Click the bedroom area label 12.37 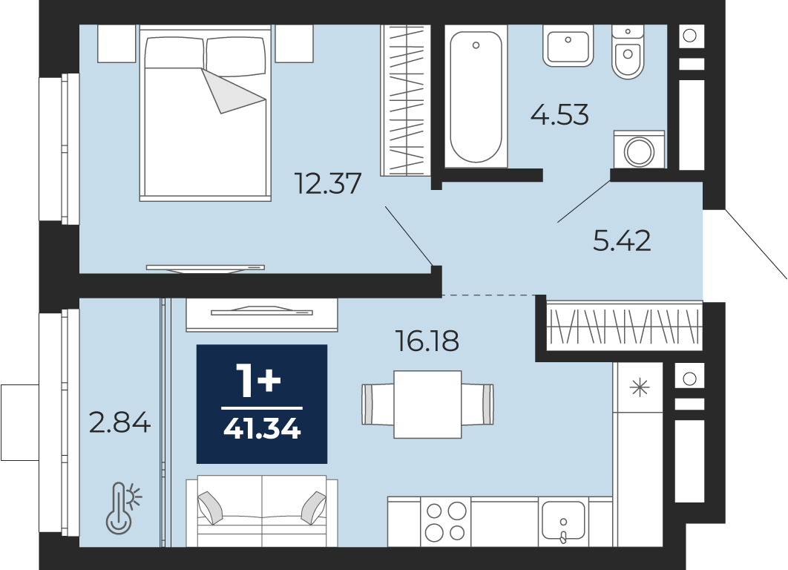pos(328,183)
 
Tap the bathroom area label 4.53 pos(559,114)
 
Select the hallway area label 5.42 pos(622,240)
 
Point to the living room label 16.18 pos(427,341)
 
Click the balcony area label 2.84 pos(119,422)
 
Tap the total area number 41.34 pos(262,429)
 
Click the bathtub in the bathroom pos(476,96)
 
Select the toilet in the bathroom pos(628,52)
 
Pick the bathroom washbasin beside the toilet pos(568,46)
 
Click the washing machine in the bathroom pos(640,150)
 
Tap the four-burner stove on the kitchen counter pos(445,521)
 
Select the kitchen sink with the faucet pos(563,521)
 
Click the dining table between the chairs pos(427,404)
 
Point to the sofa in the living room pos(262,511)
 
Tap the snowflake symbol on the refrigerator pos(640,387)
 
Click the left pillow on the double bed pos(175,53)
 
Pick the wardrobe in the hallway pos(624,326)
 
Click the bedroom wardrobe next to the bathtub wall pos(406,100)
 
